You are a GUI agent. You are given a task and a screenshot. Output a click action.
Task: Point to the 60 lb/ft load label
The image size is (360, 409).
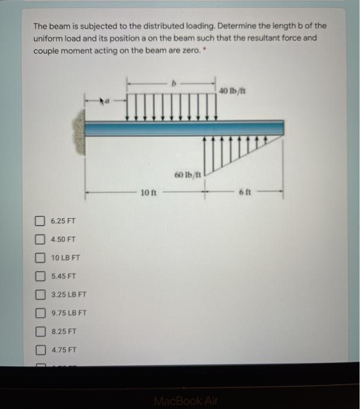click(187, 175)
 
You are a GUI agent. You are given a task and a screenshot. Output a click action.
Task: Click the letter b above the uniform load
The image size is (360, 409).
click(172, 84)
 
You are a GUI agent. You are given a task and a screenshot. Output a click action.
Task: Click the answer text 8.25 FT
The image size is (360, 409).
click(64, 331)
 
